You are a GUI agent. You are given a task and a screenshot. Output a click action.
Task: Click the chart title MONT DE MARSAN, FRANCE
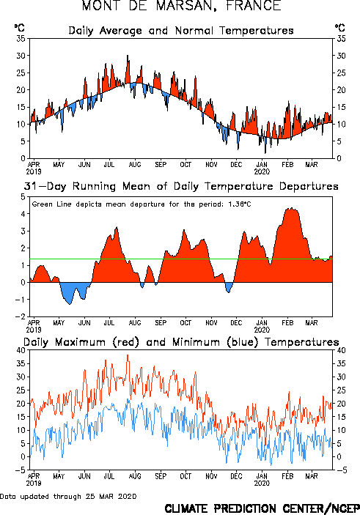[x=182, y=6]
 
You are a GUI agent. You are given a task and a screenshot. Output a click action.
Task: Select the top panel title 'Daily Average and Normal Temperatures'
[x=181, y=31]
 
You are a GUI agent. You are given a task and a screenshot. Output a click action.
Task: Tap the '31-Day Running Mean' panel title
[x=181, y=186]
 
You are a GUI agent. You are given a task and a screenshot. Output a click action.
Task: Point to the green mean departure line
[x=181, y=259]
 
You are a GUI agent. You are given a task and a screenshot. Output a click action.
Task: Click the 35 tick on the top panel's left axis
[x=21, y=39]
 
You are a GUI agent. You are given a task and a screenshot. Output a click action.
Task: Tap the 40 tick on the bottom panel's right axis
[x=341, y=350]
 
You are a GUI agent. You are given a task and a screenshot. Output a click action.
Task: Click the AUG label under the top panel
[x=135, y=165]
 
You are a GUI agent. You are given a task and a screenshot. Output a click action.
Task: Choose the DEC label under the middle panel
[x=236, y=323]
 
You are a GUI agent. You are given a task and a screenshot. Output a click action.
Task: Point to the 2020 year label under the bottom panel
[x=262, y=483]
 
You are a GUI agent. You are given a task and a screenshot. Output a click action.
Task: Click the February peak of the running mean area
[x=291, y=208]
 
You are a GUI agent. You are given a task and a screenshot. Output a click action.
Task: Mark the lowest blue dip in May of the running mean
[x=70, y=304]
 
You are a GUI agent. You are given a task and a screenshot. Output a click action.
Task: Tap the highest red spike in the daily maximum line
[x=128, y=355]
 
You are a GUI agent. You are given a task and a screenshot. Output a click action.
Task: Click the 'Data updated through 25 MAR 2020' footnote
[x=68, y=496]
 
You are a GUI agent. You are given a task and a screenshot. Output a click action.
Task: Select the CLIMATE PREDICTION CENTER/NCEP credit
[x=262, y=508]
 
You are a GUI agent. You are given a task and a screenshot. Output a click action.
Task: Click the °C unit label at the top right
[x=339, y=28]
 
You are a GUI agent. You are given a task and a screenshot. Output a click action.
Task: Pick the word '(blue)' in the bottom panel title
[x=243, y=342]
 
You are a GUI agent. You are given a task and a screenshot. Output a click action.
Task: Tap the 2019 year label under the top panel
[x=34, y=171]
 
